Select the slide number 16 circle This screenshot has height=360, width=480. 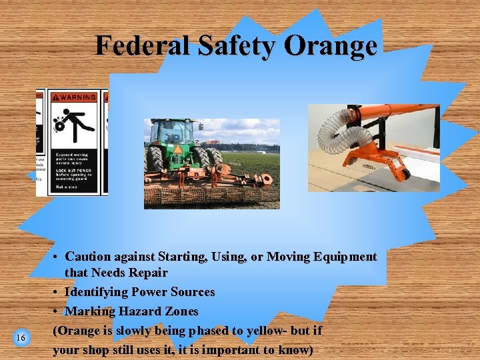click(x=21, y=338)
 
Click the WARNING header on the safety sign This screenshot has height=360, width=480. click(x=75, y=97)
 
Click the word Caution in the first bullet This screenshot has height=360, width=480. click(x=90, y=257)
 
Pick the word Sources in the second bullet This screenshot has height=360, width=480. click(x=193, y=292)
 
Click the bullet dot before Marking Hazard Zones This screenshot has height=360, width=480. click(x=57, y=311)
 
